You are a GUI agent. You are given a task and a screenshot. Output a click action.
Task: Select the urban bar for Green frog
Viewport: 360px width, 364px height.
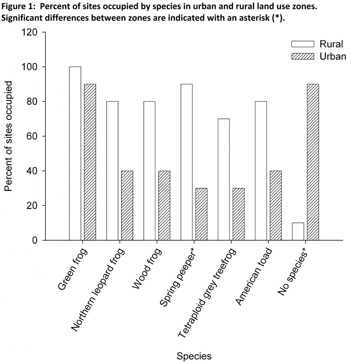point(90,162)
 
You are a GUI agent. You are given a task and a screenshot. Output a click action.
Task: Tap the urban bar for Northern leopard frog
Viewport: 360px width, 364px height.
point(127,205)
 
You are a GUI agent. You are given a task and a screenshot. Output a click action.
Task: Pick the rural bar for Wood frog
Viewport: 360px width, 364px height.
point(149,171)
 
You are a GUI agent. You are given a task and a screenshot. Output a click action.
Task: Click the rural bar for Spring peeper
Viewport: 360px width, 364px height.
point(187,162)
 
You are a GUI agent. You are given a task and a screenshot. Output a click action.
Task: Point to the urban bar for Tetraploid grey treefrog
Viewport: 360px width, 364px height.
point(238,214)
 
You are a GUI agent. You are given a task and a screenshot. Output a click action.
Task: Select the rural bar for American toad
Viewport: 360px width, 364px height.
point(261,171)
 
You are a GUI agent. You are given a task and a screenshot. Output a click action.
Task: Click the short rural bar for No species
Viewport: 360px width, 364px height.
point(298,231)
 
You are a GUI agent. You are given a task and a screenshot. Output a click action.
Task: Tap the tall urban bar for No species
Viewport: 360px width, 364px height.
point(313,162)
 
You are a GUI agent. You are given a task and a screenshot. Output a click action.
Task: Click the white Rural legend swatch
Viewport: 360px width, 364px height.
point(303,44)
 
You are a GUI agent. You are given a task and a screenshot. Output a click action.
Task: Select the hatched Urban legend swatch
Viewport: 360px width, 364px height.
point(303,56)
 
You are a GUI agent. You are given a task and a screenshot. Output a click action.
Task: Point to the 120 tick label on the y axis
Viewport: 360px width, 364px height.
point(30,32)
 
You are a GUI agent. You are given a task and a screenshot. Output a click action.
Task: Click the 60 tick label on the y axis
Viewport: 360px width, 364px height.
point(32,136)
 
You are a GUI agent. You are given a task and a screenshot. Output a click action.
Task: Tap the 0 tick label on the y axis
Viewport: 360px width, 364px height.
point(35,240)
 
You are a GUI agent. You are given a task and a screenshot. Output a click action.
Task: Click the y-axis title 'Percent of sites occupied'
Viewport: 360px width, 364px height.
point(9,136)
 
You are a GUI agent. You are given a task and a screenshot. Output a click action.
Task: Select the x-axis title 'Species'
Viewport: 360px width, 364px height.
point(194,356)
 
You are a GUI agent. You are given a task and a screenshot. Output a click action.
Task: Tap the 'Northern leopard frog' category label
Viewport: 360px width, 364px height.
point(98,290)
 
